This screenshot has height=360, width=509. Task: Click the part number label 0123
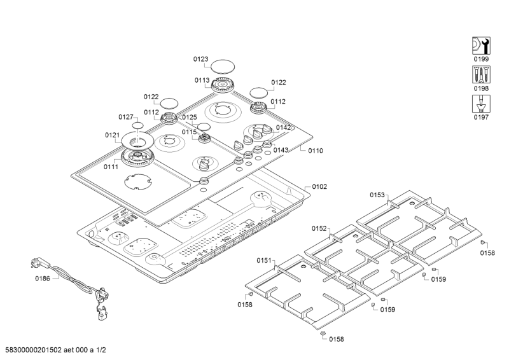coord(201,59)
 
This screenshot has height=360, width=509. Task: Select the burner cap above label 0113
coord(224,66)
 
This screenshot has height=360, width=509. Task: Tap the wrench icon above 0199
coord(480,45)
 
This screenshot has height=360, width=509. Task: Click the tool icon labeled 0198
coord(480,74)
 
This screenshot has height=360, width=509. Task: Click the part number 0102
coord(319,187)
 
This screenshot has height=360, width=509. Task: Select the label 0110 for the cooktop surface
coord(316,151)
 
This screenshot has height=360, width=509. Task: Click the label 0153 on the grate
coord(377,195)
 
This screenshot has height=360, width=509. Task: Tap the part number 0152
coord(319,228)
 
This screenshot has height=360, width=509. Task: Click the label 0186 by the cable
coord(42,279)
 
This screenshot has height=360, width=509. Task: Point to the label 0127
coord(126,117)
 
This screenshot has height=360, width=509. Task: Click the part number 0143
coord(281,150)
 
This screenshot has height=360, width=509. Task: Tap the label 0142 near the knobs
coord(283,127)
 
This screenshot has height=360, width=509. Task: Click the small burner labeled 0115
coord(205,139)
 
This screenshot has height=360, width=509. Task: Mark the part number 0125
coord(190,117)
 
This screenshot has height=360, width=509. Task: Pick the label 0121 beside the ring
coord(112,135)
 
